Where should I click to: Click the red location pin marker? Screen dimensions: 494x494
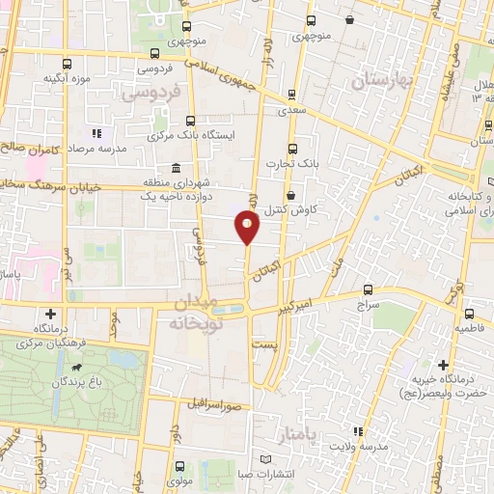(248, 228)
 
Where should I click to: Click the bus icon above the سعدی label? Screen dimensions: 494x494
(290, 96)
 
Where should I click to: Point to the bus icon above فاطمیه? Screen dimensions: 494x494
(469, 313)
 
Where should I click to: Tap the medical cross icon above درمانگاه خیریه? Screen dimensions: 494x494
(443, 366)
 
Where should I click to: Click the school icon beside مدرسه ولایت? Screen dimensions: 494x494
(358, 431)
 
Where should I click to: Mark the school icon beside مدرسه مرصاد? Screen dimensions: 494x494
(95, 133)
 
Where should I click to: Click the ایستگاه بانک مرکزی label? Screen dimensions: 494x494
(204, 136)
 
